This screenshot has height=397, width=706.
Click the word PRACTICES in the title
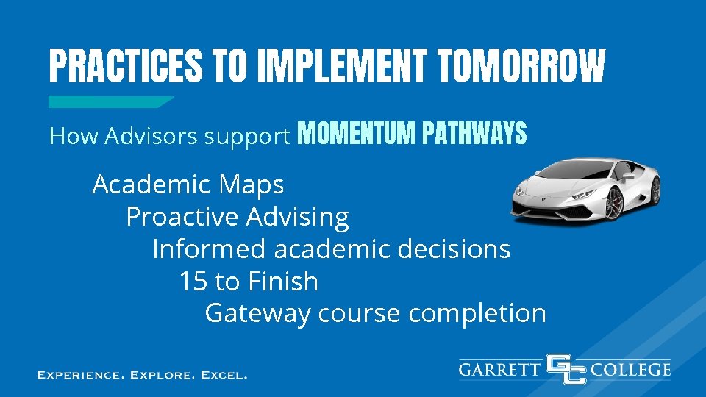(123, 67)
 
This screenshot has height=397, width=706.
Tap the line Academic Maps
(188, 185)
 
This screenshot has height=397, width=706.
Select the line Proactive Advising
(237, 217)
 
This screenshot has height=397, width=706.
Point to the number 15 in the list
(193, 282)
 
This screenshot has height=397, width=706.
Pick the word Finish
(283, 282)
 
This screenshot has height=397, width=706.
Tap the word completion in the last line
(477, 314)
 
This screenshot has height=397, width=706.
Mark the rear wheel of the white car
(655, 190)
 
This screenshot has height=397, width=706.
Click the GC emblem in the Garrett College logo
(566, 369)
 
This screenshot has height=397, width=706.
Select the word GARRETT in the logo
(500, 369)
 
